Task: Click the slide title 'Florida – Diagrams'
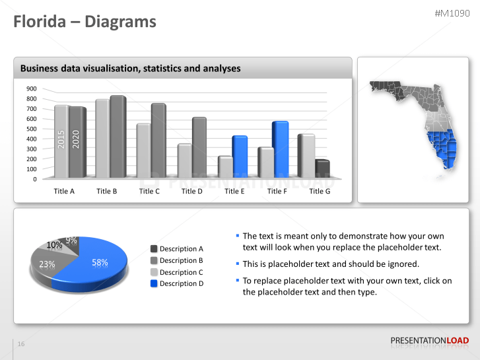(x=86, y=22)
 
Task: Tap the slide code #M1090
(x=453, y=13)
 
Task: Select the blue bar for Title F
(x=281, y=149)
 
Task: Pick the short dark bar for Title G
(x=322, y=168)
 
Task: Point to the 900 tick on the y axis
(x=32, y=89)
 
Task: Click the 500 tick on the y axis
(x=32, y=129)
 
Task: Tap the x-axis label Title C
(x=149, y=191)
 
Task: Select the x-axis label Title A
(x=64, y=191)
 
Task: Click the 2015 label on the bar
(x=61, y=139)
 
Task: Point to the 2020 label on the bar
(x=76, y=139)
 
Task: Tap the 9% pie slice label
(x=71, y=240)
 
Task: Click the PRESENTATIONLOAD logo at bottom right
(x=429, y=341)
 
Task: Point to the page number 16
(x=21, y=344)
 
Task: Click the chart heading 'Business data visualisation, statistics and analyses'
(x=131, y=68)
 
